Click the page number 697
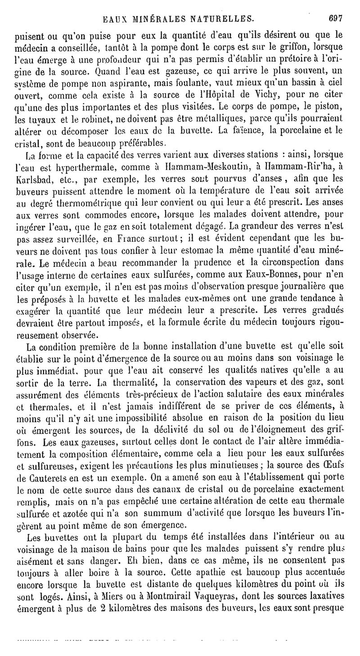335,19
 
